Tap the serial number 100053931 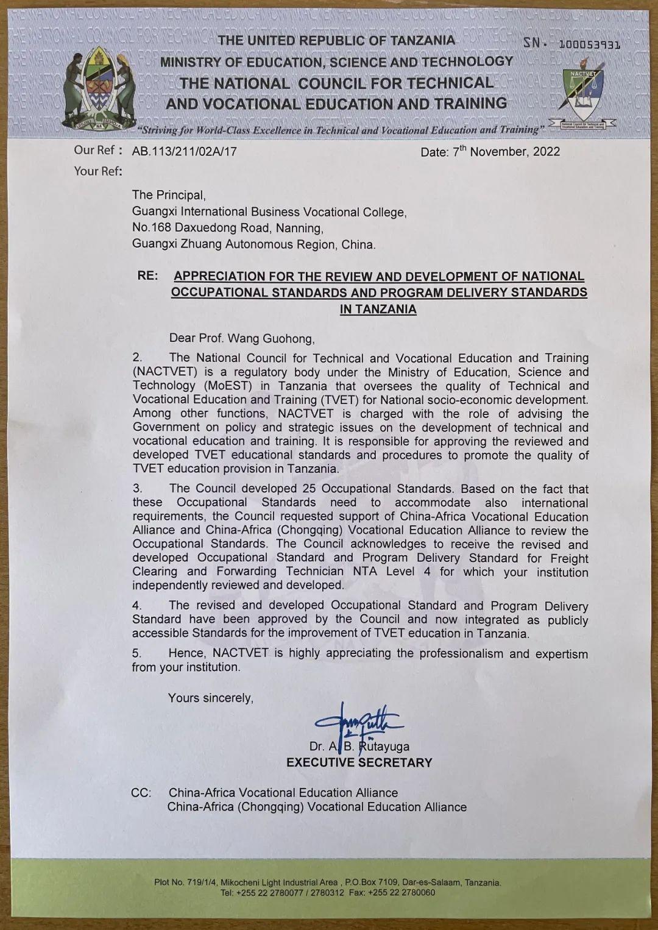click(x=589, y=44)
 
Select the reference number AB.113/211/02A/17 click(x=184, y=151)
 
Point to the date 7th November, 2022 click(x=490, y=151)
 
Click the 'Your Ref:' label click(x=98, y=171)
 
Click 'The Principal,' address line click(x=169, y=195)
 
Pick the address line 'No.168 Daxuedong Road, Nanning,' click(x=227, y=228)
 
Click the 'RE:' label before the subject click(x=147, y=275)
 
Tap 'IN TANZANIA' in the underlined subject click(x=378, y=309)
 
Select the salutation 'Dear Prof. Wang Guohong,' click(x=242, y=338)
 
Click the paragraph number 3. click(x=138, y=489)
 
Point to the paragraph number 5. click(x=137, y=653)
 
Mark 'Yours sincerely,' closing click(x=210, y=698)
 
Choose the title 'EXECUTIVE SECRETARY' click(x=359, y=762)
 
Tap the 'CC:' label click(x=141, y=793)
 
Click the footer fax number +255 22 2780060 click(x=400, y=893)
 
